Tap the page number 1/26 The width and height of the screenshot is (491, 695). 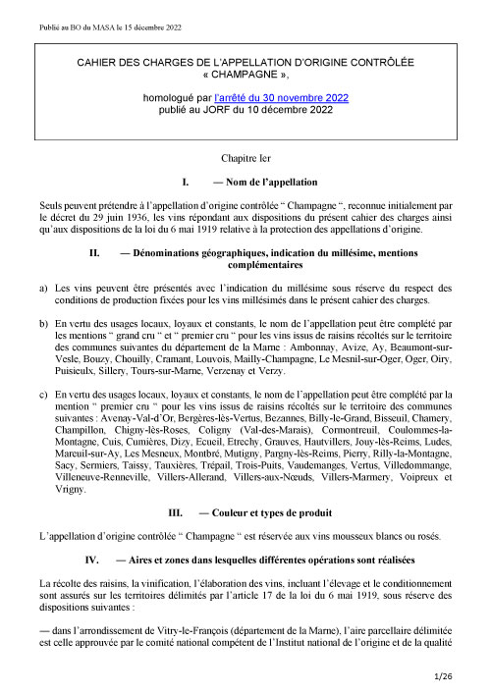(464, 676)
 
